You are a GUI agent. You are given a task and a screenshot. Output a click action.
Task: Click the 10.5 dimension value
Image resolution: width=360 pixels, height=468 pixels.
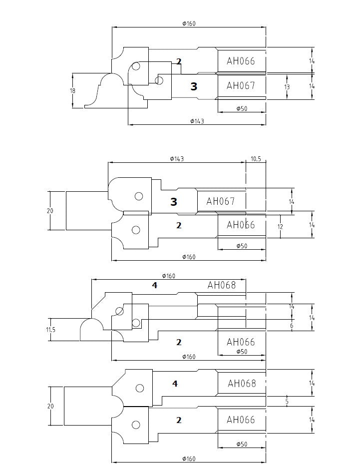coord(256,159)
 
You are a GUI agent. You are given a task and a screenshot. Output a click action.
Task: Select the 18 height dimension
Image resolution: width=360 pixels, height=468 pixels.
coord(72,91)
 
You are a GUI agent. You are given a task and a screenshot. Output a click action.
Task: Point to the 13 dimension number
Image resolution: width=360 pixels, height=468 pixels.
coord(287,87)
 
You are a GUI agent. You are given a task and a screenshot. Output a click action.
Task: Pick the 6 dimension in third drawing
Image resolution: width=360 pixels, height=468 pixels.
coord(291,325)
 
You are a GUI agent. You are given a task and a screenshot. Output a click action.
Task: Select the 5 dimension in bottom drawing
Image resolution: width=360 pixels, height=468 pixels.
coord(287,401)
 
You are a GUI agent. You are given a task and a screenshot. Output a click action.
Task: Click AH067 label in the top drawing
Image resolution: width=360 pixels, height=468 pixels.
coord(241,85)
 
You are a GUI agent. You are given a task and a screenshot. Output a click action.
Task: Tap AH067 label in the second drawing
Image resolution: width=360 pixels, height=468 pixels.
coord(220,201)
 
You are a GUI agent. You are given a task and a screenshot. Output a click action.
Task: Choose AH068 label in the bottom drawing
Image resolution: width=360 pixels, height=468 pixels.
coord(242,384)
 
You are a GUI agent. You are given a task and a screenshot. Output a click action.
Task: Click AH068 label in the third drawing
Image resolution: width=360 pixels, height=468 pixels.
coord(221,285)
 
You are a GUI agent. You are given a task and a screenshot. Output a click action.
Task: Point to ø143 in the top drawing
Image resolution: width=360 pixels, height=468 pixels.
coord(197,121)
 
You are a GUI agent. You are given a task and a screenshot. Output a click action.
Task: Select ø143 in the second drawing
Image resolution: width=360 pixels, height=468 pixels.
coord(177,159)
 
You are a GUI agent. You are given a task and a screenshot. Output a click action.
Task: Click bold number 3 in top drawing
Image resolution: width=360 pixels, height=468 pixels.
coord(194,87)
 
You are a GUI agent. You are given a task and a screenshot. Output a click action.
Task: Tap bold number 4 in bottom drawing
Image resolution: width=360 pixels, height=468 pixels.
coord(175,384)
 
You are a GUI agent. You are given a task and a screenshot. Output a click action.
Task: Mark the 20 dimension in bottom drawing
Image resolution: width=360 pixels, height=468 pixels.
coord(50,406)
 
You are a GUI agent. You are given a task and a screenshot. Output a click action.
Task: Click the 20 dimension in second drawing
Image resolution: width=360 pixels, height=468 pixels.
coord(50,211)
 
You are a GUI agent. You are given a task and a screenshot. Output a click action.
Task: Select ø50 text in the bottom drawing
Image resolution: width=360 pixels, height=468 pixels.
coord(242,444)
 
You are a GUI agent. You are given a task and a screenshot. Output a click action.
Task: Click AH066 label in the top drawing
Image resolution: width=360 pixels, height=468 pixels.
coord(241,61)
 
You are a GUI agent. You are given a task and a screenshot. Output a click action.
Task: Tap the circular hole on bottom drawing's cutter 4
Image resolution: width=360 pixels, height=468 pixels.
coord(140,388)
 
